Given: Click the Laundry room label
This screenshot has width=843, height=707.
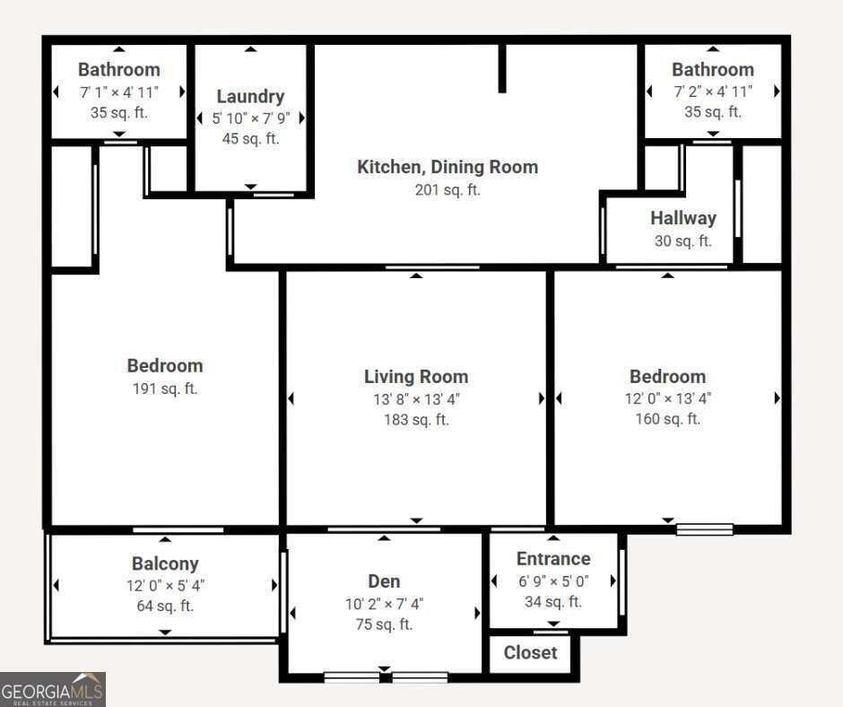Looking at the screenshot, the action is coord(250,96).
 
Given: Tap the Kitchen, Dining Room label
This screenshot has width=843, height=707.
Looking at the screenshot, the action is coord(448,167).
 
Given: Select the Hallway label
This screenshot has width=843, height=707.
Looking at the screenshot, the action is coord(683,218).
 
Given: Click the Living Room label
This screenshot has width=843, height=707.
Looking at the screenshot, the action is coord(416,377).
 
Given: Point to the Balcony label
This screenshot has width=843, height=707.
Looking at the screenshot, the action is coord(165,563).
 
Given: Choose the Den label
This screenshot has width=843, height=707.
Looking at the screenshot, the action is coord(384,581).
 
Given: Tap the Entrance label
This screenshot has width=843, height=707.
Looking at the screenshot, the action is coord(553,558).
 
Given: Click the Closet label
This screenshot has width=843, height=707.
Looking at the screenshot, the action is coord(530,652).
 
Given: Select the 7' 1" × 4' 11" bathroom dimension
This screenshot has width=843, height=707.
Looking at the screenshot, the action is coord(118,92).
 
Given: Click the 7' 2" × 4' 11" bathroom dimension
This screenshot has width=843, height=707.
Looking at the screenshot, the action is coord(713,92).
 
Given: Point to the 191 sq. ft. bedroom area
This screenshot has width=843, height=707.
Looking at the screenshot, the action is coord(165,388).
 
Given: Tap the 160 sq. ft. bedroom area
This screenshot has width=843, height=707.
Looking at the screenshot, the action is coord(668,419).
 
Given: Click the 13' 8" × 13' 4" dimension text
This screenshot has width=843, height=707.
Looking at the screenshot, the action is coord(416,399).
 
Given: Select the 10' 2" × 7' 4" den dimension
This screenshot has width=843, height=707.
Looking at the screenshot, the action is coord(384,604).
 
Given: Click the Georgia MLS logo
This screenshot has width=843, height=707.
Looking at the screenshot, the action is coord(53,689).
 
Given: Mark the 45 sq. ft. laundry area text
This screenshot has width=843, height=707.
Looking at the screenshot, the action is coord(250,138).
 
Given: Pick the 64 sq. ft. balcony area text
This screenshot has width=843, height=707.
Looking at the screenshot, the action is coord(165,606).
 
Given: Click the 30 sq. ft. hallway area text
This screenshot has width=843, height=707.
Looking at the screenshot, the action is coord(683,240).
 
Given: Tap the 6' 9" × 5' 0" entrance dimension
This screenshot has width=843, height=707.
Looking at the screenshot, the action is coord(553,581).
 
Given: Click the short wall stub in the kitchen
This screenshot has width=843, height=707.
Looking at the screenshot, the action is coord(502,68).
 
